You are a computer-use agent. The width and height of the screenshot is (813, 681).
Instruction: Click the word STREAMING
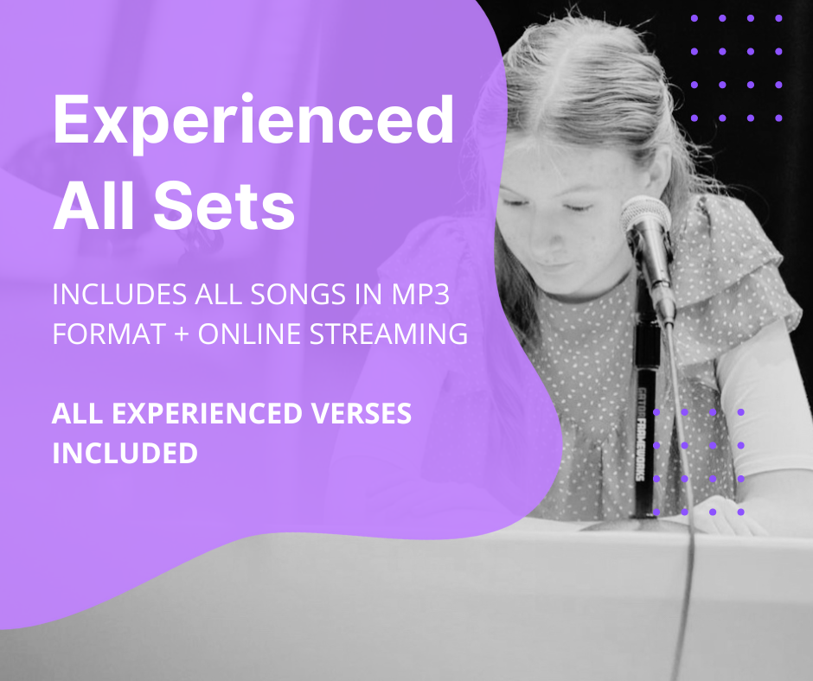pyautogui.click(x=389, y=334)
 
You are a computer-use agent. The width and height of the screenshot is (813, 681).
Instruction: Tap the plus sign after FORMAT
pyautogui.click(x=182, y=334)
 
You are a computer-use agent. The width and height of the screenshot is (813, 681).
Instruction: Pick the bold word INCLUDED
pyautogui.click(x=125, y=453)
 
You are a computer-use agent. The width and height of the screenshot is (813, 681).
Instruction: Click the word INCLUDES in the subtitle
pyautogui.click(x=119, y=295)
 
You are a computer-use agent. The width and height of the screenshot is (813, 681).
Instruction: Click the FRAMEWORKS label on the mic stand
pyautogui.click(x=641, y=446)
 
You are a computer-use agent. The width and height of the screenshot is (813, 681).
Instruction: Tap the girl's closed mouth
pyautogui.click(x=554, y=267)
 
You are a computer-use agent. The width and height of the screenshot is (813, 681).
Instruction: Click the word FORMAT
pyautogui.click(x=109, y=334)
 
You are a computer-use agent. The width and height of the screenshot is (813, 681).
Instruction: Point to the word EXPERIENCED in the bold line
pyautogui.click(x=207, y=413)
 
